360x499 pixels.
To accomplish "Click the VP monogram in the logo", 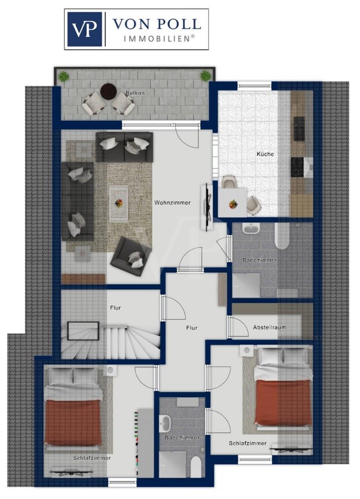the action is click(x=85, y=29).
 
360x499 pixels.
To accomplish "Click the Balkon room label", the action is click(x=135, y=93).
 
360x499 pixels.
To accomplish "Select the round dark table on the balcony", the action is click(x=109, y=91).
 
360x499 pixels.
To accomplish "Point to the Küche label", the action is click(x=265, y=154).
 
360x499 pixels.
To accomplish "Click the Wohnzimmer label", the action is click(x=172, y=203).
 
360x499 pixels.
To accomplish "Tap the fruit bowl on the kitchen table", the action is click(x=233, y=204).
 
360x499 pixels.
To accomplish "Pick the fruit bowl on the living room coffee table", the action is click(x=119, y=203).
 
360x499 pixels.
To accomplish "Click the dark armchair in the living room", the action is click(x=131, y=256).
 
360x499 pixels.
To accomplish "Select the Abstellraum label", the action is click(x=269, y=327).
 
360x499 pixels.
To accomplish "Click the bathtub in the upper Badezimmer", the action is click(x=282, y=236).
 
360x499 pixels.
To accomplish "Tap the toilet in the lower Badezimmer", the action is click(x=196, y=467).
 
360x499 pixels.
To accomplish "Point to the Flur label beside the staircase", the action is click(x=115, y=308).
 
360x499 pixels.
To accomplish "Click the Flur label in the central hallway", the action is click(x=192, y=328).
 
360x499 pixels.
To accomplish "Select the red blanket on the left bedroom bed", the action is click(x=74, y=423).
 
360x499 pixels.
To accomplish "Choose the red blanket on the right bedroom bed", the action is click(x=283, y=402).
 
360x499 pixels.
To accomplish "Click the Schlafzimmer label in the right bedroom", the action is click(x=248, y=443).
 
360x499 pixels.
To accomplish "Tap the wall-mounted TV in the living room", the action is click(x=207, y=207).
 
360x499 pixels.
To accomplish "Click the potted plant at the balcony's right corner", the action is click(x=205, y=76).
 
